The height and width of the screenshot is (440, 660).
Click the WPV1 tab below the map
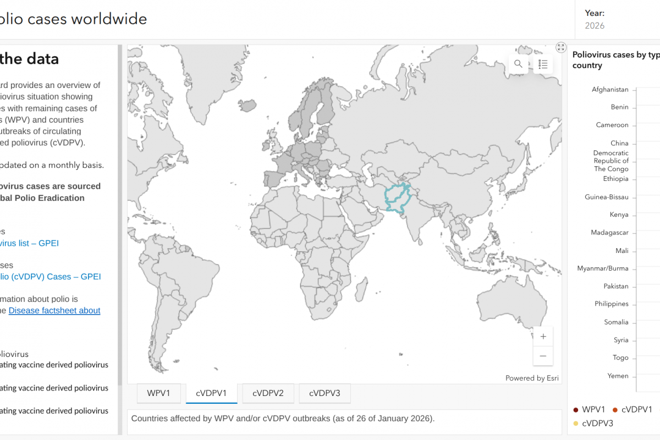(x=159, y=393)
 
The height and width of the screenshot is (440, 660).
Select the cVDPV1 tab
(x=212, y=393)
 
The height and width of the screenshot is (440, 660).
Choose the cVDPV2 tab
(x=268, y=393)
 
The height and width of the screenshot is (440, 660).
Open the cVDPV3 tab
(x=324, y=393)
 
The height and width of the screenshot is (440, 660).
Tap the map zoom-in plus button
(x=543, y=337)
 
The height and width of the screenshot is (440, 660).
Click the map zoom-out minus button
(x=543, y=356)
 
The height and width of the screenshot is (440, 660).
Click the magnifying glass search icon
(x=518, y=64)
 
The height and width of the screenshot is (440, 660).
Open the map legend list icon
(x=543, y=64)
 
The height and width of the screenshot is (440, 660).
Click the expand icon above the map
(x=560, y=47)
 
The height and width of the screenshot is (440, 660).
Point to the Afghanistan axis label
(x=610, y=90)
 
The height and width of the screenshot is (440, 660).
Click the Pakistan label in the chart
(x=615, y=287)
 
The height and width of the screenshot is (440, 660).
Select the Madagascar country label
(x=609, y=233)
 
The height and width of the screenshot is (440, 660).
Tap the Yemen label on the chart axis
(x=618, y=376)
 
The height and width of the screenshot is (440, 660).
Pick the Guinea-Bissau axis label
(x=606, y=197)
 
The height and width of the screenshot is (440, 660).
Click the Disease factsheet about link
(x=54, y=311)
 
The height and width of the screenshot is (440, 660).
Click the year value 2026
(x=595, y=26)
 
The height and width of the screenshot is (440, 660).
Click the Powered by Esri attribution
(x=531, y=378)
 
